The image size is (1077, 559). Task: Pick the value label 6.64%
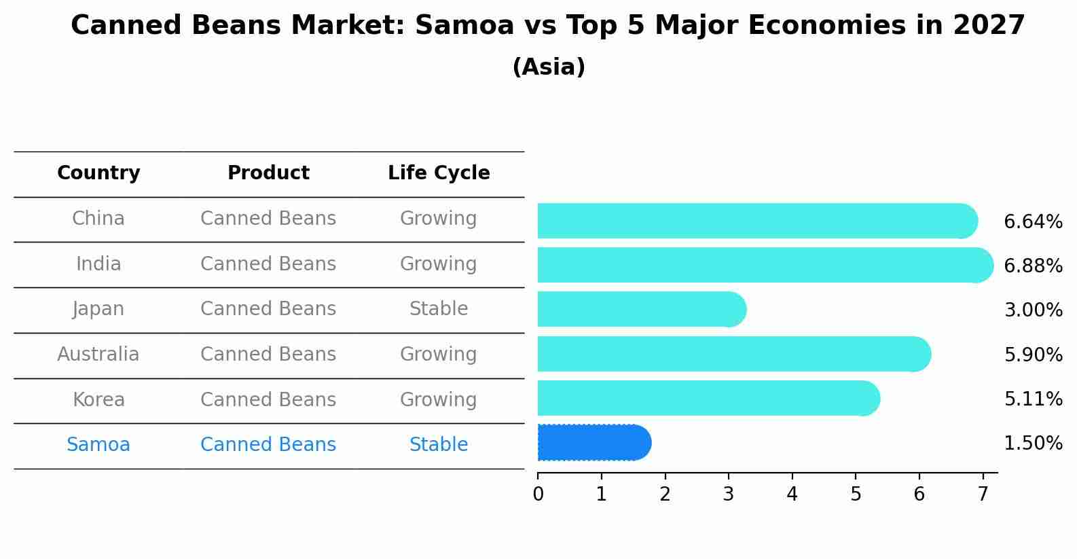[x=1033, y=222]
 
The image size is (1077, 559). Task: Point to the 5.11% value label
[x=1033, y=399]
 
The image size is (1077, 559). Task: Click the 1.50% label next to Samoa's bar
[x=1033, y=444]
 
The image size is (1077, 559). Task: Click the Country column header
[x=98, y=173]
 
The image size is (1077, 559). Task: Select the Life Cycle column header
[x=439, y=173]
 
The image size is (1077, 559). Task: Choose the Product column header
[x=268, y=173]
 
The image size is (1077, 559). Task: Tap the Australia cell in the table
[x=98, y=355]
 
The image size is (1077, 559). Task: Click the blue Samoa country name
[x=98, y=445]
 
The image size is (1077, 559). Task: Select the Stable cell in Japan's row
[x=439, y=309]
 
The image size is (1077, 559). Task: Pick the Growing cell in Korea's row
[x=439, y=399]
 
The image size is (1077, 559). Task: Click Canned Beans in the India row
[x=268, y=264]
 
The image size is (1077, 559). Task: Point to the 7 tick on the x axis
[x=983, y=494]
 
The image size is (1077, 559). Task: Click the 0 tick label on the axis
[x=538, y=494]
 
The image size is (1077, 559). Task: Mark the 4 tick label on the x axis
[x=792, y=494]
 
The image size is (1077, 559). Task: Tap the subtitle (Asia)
[x=549, y=67]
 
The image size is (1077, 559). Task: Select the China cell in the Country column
[x=98, y=219]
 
